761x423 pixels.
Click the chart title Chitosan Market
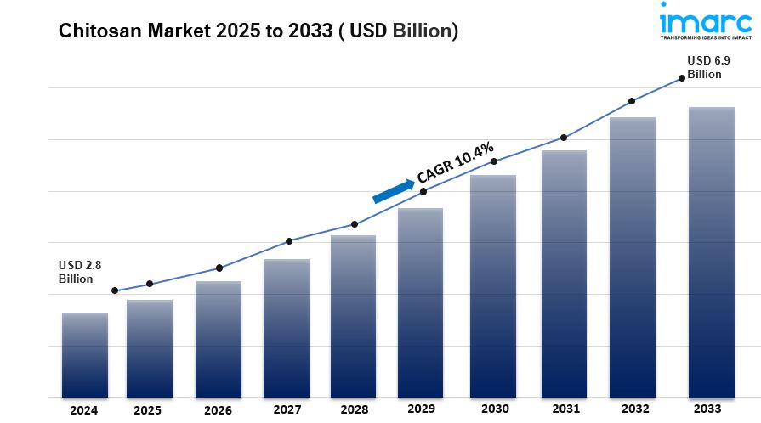point(258,31)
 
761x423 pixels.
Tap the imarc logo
point(705,21)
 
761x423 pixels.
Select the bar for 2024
point(84,354)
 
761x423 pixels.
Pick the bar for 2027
point(286,328)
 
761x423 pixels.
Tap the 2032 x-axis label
point(631,409)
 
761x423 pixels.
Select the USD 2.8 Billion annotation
point(80,272)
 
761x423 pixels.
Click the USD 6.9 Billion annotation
point(705,67)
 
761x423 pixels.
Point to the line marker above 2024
point(115,290)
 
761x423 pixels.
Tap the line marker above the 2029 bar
point(423,191)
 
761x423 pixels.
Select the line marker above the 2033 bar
point(682,78)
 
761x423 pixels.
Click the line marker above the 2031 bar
point(563,138)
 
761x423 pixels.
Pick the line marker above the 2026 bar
point(219,268)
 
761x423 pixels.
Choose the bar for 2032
point(632,257)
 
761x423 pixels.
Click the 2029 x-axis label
point(421,409)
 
